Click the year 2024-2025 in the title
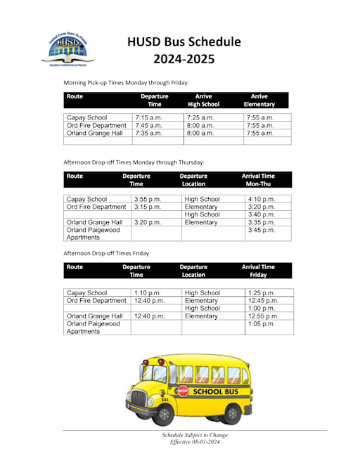(x=184, y=59)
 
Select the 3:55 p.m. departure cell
(x=148, y=200)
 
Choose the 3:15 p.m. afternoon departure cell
(x=148, y=207)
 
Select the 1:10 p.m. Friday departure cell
(x=148, y=292)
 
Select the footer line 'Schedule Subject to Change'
(x=195, y=435)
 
